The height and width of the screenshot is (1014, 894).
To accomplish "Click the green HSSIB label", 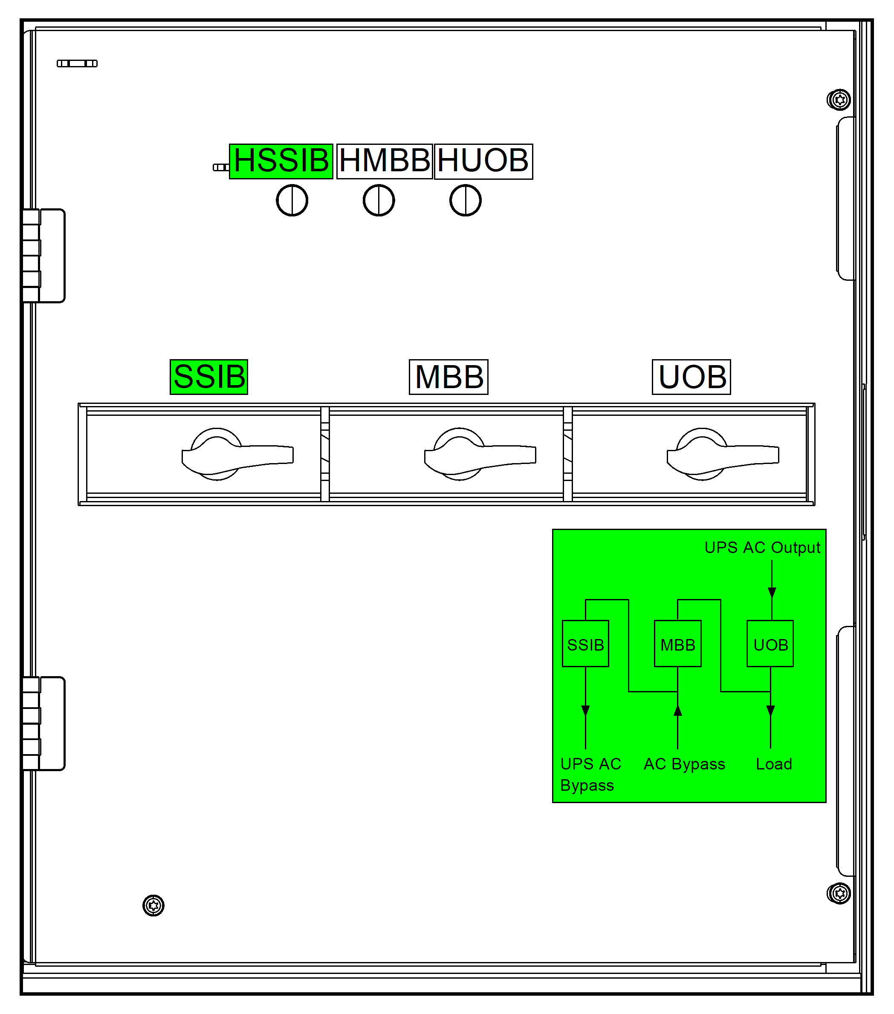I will [281, 161].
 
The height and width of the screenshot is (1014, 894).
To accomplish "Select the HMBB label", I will [384, 161].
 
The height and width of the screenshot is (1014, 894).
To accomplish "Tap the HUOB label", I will [483, 161].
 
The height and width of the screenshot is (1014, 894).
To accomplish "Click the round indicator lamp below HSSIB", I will [292, 200].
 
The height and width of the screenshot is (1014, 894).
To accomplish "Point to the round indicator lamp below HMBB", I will [379, 200].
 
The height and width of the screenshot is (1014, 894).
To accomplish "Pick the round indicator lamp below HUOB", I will [465, 200].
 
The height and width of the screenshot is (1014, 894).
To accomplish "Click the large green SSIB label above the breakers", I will [209, 377].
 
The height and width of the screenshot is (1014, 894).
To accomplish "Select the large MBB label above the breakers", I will [449, 377].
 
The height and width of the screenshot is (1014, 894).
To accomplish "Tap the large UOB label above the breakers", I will [691, 377].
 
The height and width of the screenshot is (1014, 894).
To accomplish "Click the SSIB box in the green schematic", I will [585, 644].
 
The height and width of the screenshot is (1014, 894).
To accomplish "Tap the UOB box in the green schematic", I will [770, 644].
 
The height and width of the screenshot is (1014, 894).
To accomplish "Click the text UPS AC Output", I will [762, 547].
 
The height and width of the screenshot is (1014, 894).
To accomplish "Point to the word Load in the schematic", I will [774, 764].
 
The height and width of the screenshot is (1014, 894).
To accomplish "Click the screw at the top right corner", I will [839, 100].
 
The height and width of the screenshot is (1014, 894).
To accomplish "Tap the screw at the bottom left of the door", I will [153, 905].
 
